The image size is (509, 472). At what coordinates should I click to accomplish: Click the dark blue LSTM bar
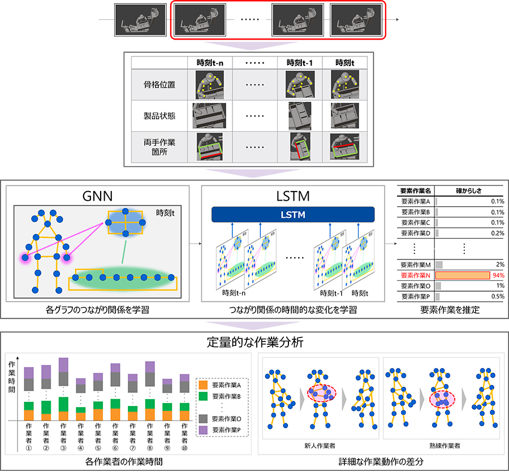[293, 214]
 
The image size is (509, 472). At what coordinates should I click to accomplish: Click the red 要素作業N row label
[416, 275]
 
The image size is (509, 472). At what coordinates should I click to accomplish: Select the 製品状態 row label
[159, 115]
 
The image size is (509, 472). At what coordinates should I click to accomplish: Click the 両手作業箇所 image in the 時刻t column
[345, 146]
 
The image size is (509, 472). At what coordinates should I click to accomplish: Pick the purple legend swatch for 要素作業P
[202, 430]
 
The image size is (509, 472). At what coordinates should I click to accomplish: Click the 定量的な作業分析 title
[254, 343]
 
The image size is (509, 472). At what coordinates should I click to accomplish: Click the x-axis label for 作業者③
[63, 434]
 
